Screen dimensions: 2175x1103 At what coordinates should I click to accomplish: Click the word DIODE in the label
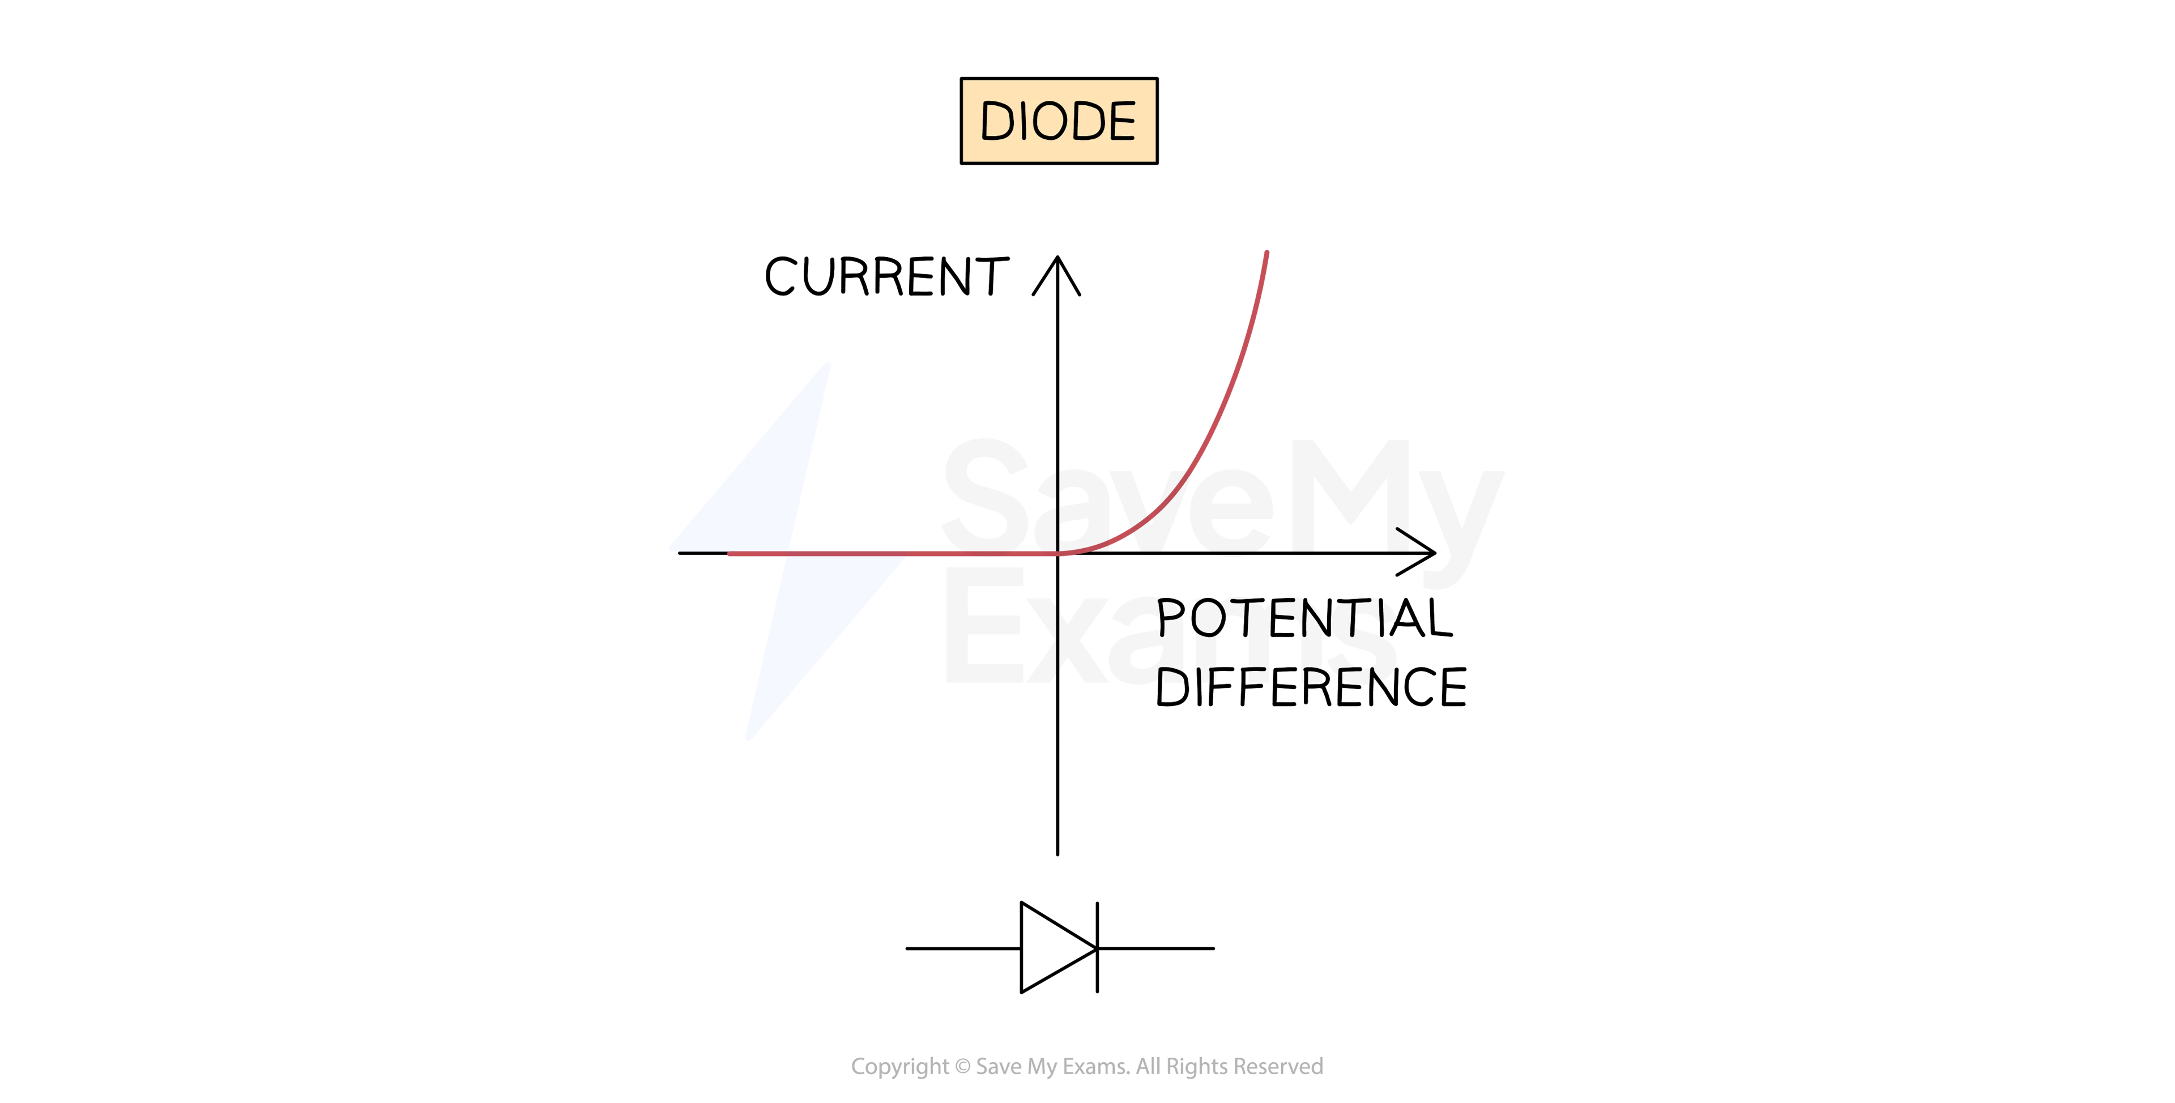(1059, 121)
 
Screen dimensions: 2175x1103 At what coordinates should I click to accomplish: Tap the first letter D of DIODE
(997, 121)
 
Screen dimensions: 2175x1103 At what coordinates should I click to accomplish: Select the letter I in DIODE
(1024, 121)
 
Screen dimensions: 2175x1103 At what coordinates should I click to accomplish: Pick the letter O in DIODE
(1050, 121)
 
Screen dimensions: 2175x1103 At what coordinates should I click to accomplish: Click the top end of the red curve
(1266, 253)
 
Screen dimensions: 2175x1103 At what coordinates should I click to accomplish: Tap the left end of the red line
(730, 554)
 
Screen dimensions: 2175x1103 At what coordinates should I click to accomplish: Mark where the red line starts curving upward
(1057, 554)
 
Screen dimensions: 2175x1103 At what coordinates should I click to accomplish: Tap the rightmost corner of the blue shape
(903, 558)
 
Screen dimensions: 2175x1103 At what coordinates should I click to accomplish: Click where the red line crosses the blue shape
(787, 554)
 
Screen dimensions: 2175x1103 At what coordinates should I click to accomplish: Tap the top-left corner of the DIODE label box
(963, 81)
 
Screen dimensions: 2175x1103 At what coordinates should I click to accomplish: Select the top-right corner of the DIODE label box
(1155, 81)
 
